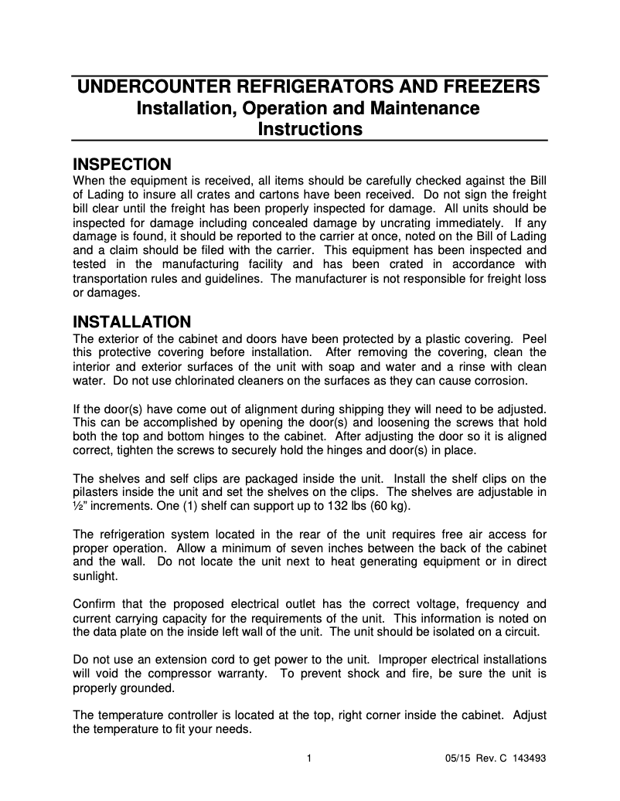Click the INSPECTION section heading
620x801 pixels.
pyautogui.click(x=121, y=165)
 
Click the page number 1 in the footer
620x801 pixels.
pyautogui.click(x=309, y=758)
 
